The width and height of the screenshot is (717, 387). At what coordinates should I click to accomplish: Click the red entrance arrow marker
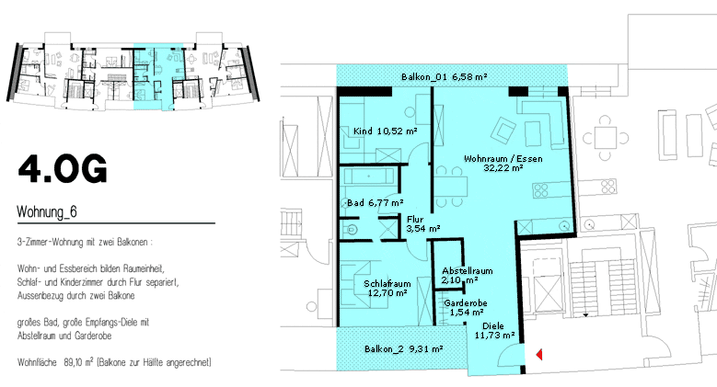coord(539,354)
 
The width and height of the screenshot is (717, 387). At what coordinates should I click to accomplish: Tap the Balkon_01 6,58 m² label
coord(444,77)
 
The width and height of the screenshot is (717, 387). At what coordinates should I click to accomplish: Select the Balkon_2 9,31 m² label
coord(404,349)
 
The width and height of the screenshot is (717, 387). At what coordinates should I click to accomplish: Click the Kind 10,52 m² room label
coord(385,131)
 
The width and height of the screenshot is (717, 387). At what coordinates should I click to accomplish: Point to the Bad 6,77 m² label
coord(375,202)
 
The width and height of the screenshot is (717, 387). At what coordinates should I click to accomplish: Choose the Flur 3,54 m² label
coord(423,224)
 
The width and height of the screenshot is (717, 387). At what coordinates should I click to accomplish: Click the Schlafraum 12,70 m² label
coord(387,289)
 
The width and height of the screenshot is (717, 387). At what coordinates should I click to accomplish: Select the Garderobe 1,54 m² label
coord(466,308)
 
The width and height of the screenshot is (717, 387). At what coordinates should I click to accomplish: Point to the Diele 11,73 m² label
coord(494,330)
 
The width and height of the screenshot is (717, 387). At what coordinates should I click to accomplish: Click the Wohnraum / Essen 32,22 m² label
coord(503,163)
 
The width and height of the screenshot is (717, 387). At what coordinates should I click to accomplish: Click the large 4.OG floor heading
coord(63,168)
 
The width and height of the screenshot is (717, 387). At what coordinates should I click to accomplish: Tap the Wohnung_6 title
coord(47,211)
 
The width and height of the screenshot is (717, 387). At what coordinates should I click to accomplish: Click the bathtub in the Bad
coord(368,176)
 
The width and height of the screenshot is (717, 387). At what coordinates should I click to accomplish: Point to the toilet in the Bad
coord(351,230)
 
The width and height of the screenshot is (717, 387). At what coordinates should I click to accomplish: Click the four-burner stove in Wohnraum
coord(541,190)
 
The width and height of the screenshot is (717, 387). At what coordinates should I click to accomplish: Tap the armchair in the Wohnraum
coord(503,130)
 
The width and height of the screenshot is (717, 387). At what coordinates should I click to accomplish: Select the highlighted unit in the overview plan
coord(158,77)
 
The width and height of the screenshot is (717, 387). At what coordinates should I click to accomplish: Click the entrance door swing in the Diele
coord(508,356)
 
